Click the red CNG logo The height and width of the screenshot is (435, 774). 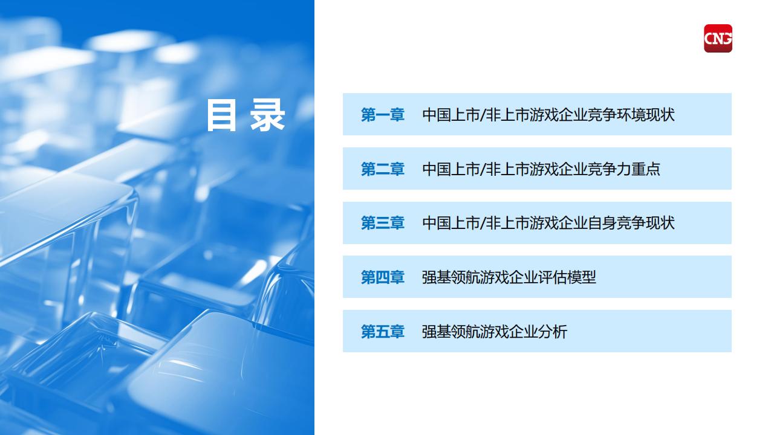click(x=718, y=38)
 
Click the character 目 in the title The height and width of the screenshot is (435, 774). click(x=221, y=115)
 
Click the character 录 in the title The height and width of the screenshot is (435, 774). click(x=267, y=115)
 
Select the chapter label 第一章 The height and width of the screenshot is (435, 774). click(x=382, y=115)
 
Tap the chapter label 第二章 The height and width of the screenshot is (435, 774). click(x=382, y=169)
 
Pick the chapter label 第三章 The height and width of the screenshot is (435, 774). click(x=382, y=223)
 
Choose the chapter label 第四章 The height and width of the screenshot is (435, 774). click(x=382, y=277)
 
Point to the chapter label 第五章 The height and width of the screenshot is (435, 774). click(x=382, y=332)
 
